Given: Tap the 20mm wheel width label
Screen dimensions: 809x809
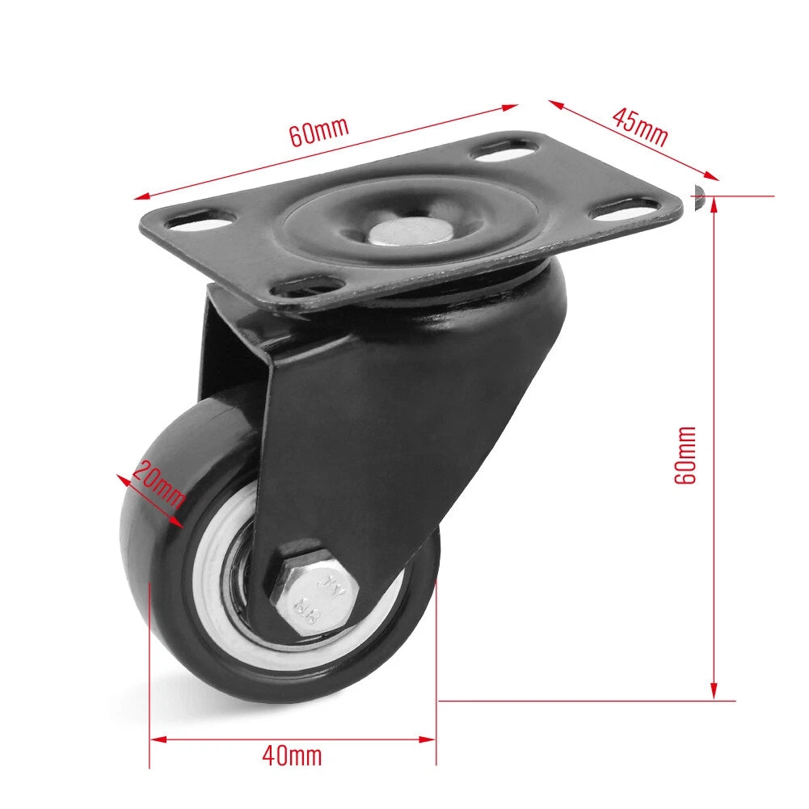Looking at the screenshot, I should (159, 483).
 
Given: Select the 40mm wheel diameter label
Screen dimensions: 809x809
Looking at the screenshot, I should (292, 756).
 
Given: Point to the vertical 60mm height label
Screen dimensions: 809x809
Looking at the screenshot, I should (685, 454).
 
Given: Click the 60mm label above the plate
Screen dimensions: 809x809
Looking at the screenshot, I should (318, 131).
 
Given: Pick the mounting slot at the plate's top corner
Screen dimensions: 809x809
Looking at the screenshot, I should (504, 150).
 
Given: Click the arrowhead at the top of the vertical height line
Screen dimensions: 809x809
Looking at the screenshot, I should (714, 204).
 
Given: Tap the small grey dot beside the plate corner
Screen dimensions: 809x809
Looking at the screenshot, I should (699, 192).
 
